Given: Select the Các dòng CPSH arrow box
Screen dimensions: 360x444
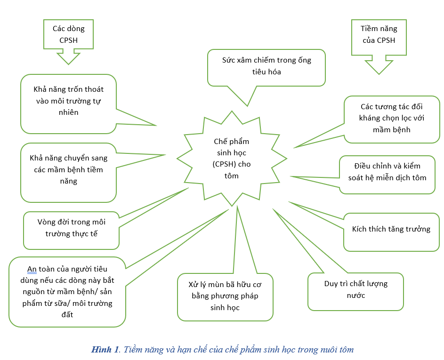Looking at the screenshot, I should coord(68,35).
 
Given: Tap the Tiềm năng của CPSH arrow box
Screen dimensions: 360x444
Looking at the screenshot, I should coord(378,35).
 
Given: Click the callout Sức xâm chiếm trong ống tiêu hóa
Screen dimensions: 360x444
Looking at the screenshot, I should coord(266,66).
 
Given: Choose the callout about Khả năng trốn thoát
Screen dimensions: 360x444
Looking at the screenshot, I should coord(69,101).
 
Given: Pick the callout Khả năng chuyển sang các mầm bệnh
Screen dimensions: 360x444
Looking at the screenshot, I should coord(69,169).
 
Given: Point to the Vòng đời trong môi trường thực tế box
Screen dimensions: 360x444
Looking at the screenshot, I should coord(72,228).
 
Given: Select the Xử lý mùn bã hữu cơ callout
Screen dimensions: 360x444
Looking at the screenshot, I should coord(225,296).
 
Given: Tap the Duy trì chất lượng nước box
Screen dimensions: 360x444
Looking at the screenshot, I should coord(355,290).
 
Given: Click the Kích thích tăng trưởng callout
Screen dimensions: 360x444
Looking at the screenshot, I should coord(391,230).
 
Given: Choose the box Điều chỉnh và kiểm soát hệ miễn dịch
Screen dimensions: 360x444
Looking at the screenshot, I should coord(387,172).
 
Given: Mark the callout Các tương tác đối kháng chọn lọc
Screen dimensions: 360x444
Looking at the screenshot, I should coord(392,118).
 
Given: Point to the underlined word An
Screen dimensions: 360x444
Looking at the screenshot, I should coord(32,269).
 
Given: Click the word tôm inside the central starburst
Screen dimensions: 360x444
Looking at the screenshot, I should coord(232,176).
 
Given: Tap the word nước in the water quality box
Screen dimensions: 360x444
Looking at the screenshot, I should coord(356,296).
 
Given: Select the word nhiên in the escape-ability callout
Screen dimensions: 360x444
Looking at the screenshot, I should coord(69,112).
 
